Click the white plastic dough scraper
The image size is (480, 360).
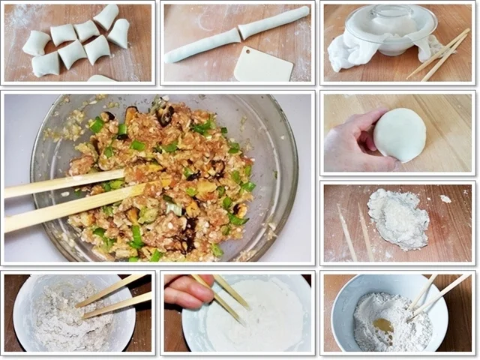[x=261, y=64]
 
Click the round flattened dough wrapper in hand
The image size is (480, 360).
[x=400, y=135]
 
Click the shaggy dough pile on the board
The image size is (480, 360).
[x=398, y=218]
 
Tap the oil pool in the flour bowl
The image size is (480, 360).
[x=383, y=325]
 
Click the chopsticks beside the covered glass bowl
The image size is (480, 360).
[x=439, y=54]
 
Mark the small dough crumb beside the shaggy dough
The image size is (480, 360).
[x=445, y=199]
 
